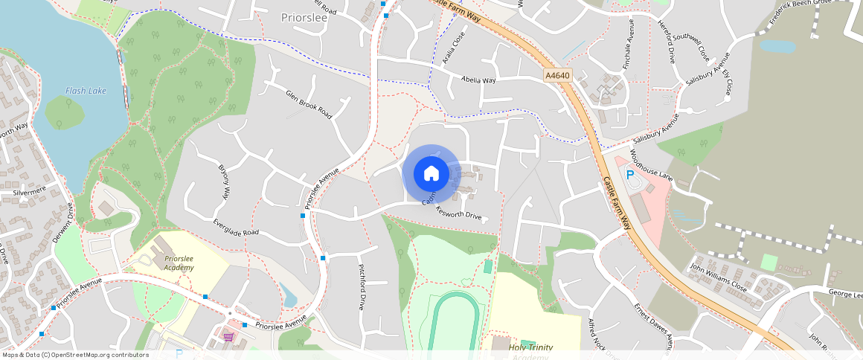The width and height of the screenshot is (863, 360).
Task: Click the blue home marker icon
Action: [x=431, y=174]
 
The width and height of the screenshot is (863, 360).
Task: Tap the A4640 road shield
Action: [x=556, y=76]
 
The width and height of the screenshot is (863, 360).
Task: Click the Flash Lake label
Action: [x=86, y=91]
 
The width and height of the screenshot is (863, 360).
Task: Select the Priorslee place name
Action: [x=304, y=16]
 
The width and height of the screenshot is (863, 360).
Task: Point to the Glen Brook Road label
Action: [x=309, y=104]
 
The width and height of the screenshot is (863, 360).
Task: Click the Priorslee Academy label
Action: [x=179, y=263]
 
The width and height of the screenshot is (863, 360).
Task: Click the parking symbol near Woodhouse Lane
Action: [x=630, y=176]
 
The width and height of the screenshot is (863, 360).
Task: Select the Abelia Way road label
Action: [x=478, y=80]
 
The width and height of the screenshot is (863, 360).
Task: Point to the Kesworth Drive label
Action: [x=459, y=215]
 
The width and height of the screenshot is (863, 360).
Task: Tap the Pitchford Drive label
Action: [x=362, y=286]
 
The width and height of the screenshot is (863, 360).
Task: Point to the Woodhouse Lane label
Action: [x=651, y=166]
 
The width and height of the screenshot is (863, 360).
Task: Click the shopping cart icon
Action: [x=229, y=337]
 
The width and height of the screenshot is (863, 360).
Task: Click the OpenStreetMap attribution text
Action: [x=75, y=355]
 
